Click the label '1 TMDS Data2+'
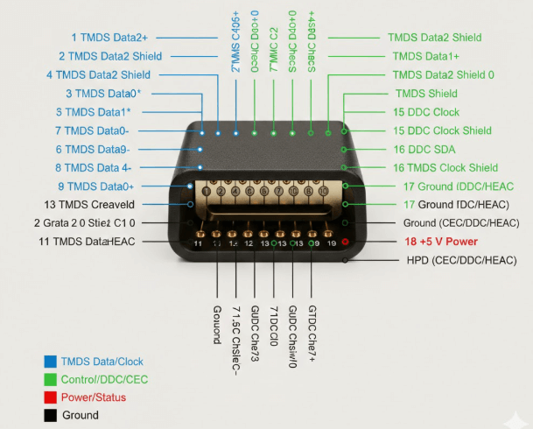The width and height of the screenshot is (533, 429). (x=109, y=37)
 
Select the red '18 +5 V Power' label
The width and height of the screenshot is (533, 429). (x=442, y=242)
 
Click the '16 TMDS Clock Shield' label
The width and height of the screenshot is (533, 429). (x=445, y=167)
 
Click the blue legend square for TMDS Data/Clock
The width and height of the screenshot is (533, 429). (x=49, y=362)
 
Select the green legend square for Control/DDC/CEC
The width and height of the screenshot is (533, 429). (x=49, y=379)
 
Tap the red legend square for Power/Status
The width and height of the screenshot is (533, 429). (x=49, y=397)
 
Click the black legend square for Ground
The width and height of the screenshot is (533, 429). (x=49, y=415)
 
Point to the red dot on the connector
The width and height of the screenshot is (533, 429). (x=346, y=242)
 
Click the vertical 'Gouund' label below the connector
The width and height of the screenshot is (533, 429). (x=217, y=325)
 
